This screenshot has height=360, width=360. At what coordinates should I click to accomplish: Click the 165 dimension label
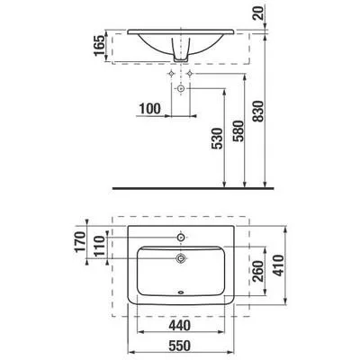click(100, 46)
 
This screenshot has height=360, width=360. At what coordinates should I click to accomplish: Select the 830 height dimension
click(258, 112)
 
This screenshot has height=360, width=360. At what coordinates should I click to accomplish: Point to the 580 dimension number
click(238, 130)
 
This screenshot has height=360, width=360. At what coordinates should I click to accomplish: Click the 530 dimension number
click(218, 139)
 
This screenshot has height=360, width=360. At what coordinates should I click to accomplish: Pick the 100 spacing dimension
click(150, 109)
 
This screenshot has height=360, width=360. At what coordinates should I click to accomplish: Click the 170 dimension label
click(81, 242)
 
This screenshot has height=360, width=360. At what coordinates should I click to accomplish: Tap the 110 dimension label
click(100, 246)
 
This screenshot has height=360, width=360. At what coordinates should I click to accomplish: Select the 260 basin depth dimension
click(258, 271)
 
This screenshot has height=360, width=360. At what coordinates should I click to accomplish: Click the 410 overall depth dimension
click(278, 265)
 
